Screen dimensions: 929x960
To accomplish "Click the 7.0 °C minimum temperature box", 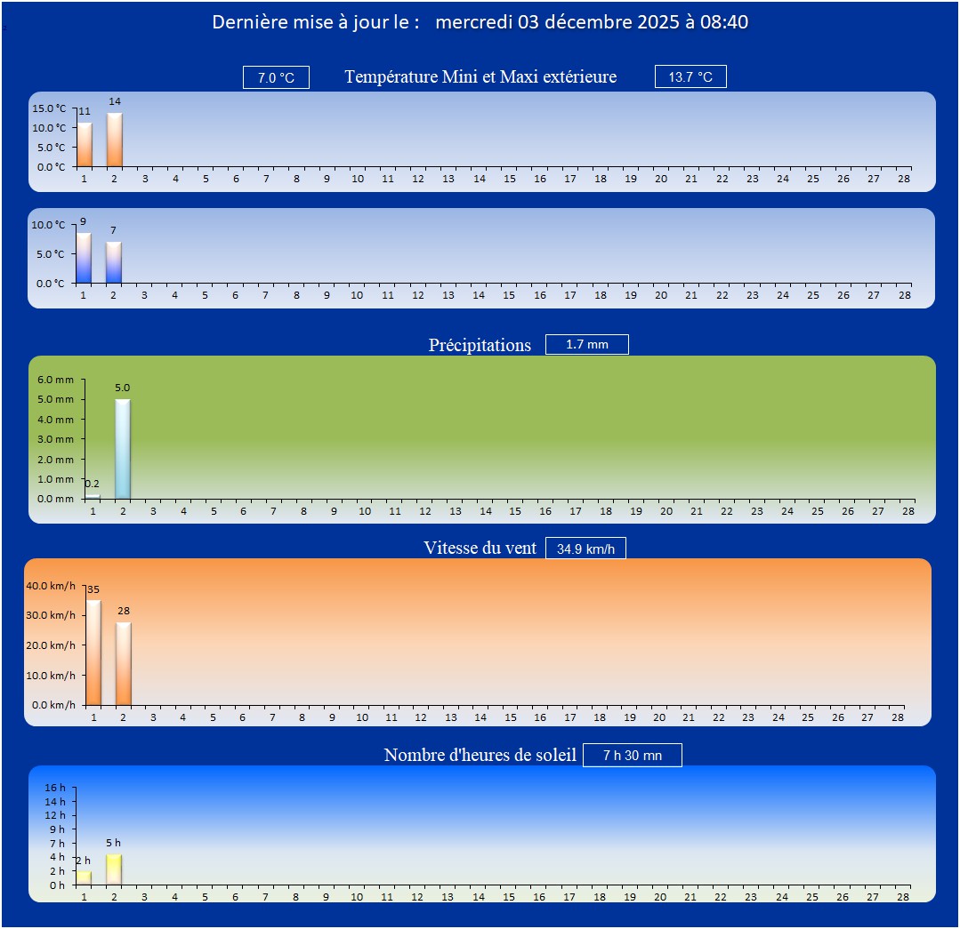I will [x=276, y=77].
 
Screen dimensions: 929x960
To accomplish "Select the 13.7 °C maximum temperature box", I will [x=690, y=76].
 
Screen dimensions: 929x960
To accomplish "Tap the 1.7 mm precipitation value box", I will [x=586, y=344].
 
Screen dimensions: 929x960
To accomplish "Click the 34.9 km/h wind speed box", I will [x=585, y=549].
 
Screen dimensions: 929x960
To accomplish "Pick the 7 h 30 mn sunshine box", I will [x=632, y=755].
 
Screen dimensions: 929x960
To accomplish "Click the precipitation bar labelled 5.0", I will [x=123, y=449].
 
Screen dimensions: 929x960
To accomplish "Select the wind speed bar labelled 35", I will [x=93, y=653].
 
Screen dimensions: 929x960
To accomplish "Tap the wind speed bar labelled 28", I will [x=124, y=663].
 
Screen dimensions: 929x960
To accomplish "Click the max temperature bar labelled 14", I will [x=115, y=140].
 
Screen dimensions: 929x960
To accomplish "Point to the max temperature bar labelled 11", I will [x=85, y=145].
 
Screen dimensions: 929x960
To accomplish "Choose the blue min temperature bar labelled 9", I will [x=84, y=258].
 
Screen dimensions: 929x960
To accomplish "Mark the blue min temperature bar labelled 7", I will [x=114, y=262].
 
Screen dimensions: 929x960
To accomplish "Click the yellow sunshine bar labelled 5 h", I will [x=114, y=869].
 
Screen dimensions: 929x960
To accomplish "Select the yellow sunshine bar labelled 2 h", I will [x=84, y=877].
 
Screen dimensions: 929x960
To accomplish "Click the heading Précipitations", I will [x=480, y=345].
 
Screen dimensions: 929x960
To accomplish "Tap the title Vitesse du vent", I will [x=480, y=548].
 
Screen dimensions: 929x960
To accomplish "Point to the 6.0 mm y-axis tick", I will [x=56, y=380].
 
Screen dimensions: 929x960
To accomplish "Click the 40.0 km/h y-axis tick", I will [x=51, y=586].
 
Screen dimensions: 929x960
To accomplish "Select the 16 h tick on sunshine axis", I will [x=56, y=788].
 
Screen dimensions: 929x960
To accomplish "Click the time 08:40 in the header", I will [x=724, y=22].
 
